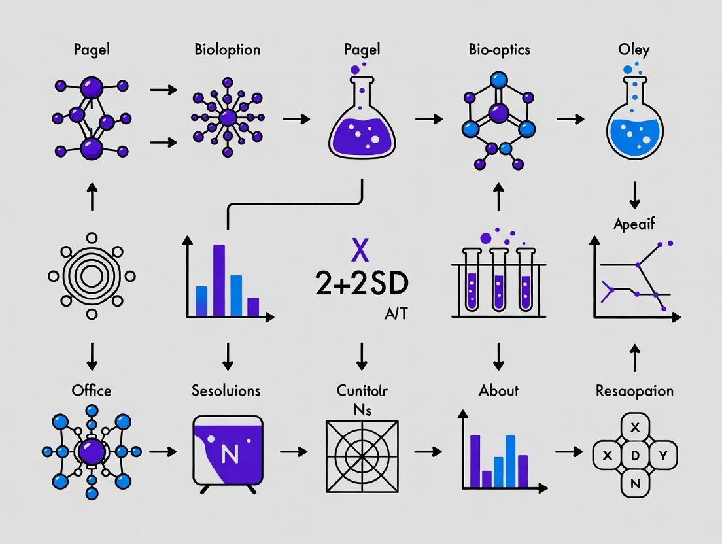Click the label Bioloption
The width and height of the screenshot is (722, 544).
pyautogui.click(x=227, y=50)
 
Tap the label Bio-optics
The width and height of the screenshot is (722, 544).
pyautogui.click(x=498, y=50)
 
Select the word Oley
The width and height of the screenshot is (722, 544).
pyautogui.click(x=634, y=50)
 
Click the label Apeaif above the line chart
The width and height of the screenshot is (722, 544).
pyautogui.click(x=634, y=224)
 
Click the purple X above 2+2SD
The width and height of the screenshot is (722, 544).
pyautogui.click(x=360, y=250)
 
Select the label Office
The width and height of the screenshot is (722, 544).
pyautogui.click(x=92, y=390)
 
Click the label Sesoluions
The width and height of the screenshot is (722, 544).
pyautogui.click(x=226, y=390)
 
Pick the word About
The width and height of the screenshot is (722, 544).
pyautogui.click(x=498, y=390)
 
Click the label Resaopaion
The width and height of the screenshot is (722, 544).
pyautogui.click(x=634, y=391)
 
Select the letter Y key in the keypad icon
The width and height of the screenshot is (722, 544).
pyautogui.click(x=662, y=455)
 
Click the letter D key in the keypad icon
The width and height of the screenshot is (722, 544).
pyautogui.click(x=634, y=456)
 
